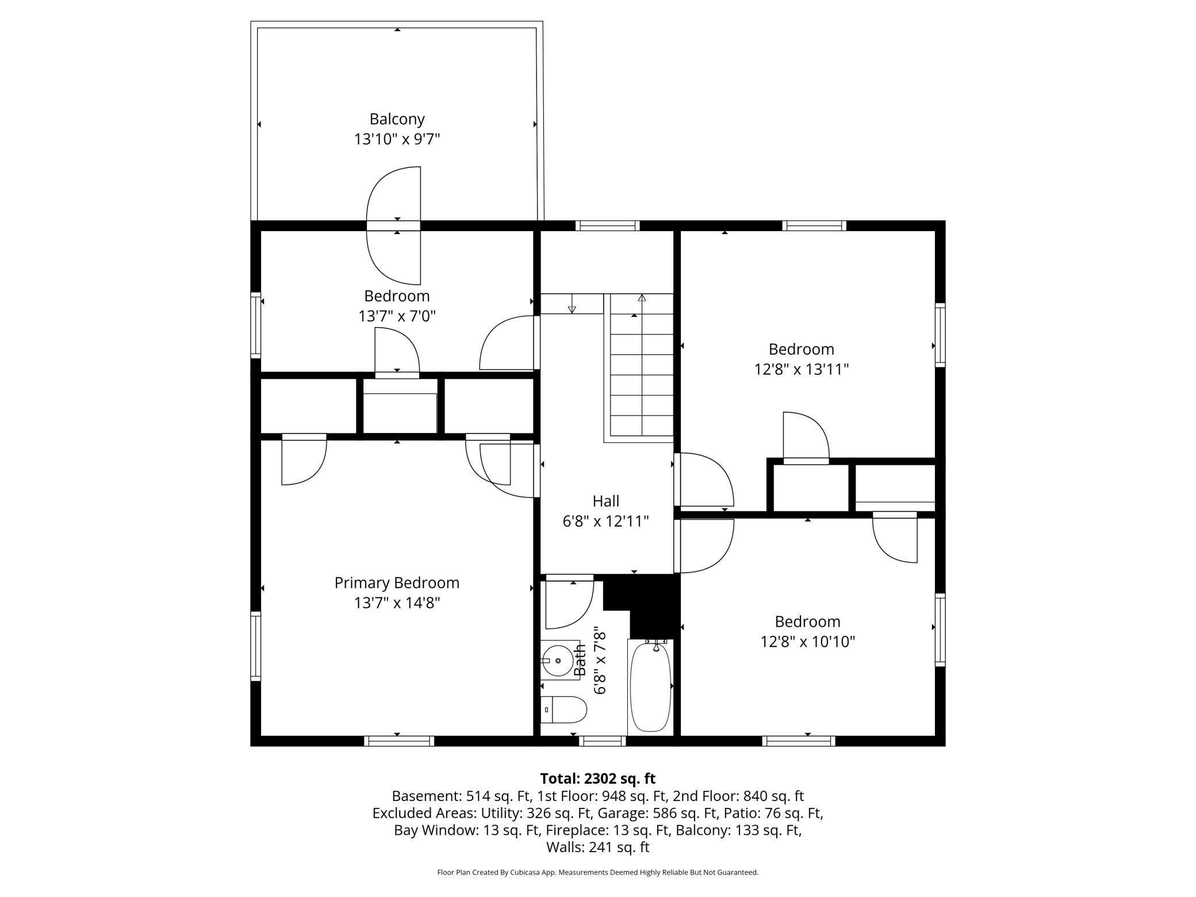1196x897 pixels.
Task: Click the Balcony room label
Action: coord(397,120)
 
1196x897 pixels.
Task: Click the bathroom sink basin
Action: coord(557,661)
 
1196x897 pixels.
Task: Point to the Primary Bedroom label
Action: coord(397,583)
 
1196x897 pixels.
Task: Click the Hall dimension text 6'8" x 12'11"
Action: coord(605,522)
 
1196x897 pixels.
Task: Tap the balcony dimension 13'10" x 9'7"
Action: coord(397,139)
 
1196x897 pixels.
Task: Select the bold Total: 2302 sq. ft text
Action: coord(597,779)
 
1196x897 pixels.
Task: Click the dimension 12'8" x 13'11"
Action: coord(802,369)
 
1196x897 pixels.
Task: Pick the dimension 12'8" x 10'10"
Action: coord(808,642)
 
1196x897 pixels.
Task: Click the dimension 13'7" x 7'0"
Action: coord(397,316)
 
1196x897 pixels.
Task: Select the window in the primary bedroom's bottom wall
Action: coord(399,741)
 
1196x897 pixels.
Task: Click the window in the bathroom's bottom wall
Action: coord(602,741)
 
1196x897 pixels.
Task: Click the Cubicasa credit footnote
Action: coord(597,872)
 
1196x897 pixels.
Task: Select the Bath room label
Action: coord(580,660)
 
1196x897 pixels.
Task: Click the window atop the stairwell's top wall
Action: coord(608,225)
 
